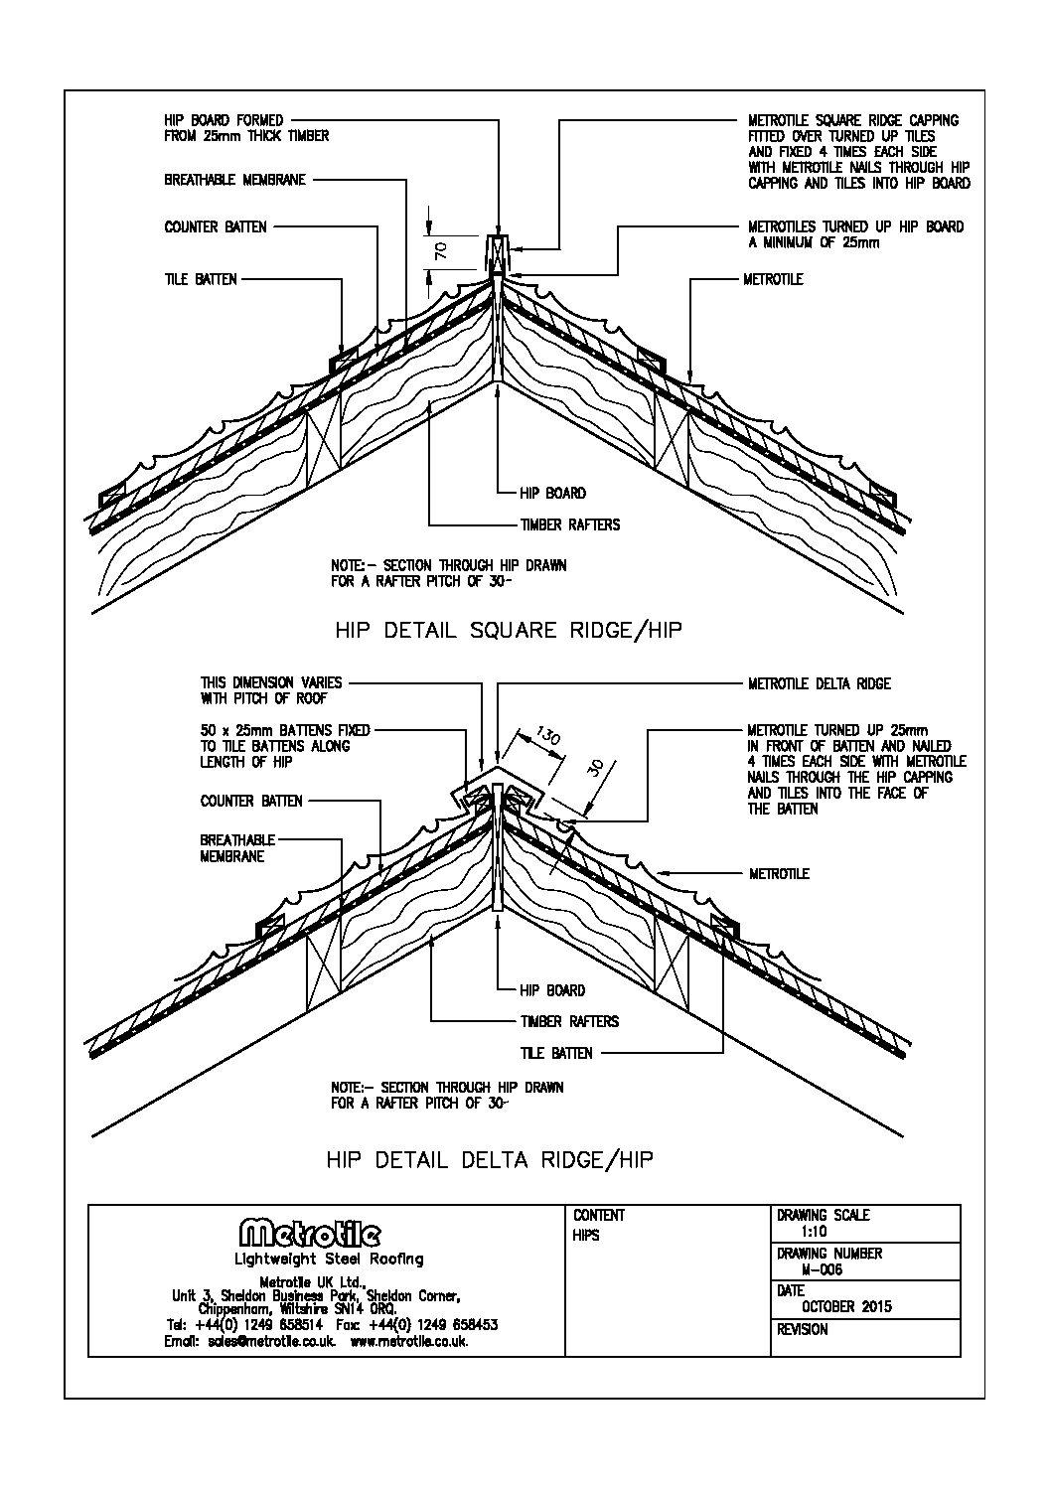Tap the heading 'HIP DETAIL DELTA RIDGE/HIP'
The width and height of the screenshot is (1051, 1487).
491,1159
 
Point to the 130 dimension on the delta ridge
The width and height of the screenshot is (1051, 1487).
547,738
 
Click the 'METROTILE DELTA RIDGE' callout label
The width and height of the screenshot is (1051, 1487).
819,683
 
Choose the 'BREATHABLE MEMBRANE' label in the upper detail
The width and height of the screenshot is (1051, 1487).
234,180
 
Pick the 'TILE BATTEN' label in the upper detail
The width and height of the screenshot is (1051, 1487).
201,279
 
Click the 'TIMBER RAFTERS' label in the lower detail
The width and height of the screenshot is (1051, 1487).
569,1021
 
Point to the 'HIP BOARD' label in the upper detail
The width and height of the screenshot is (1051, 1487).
552,493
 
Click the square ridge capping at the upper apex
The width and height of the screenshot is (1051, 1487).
497,253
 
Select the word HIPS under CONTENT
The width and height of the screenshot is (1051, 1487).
586,1236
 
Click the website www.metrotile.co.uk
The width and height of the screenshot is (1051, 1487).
409,1340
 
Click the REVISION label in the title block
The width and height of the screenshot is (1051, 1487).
803,1329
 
